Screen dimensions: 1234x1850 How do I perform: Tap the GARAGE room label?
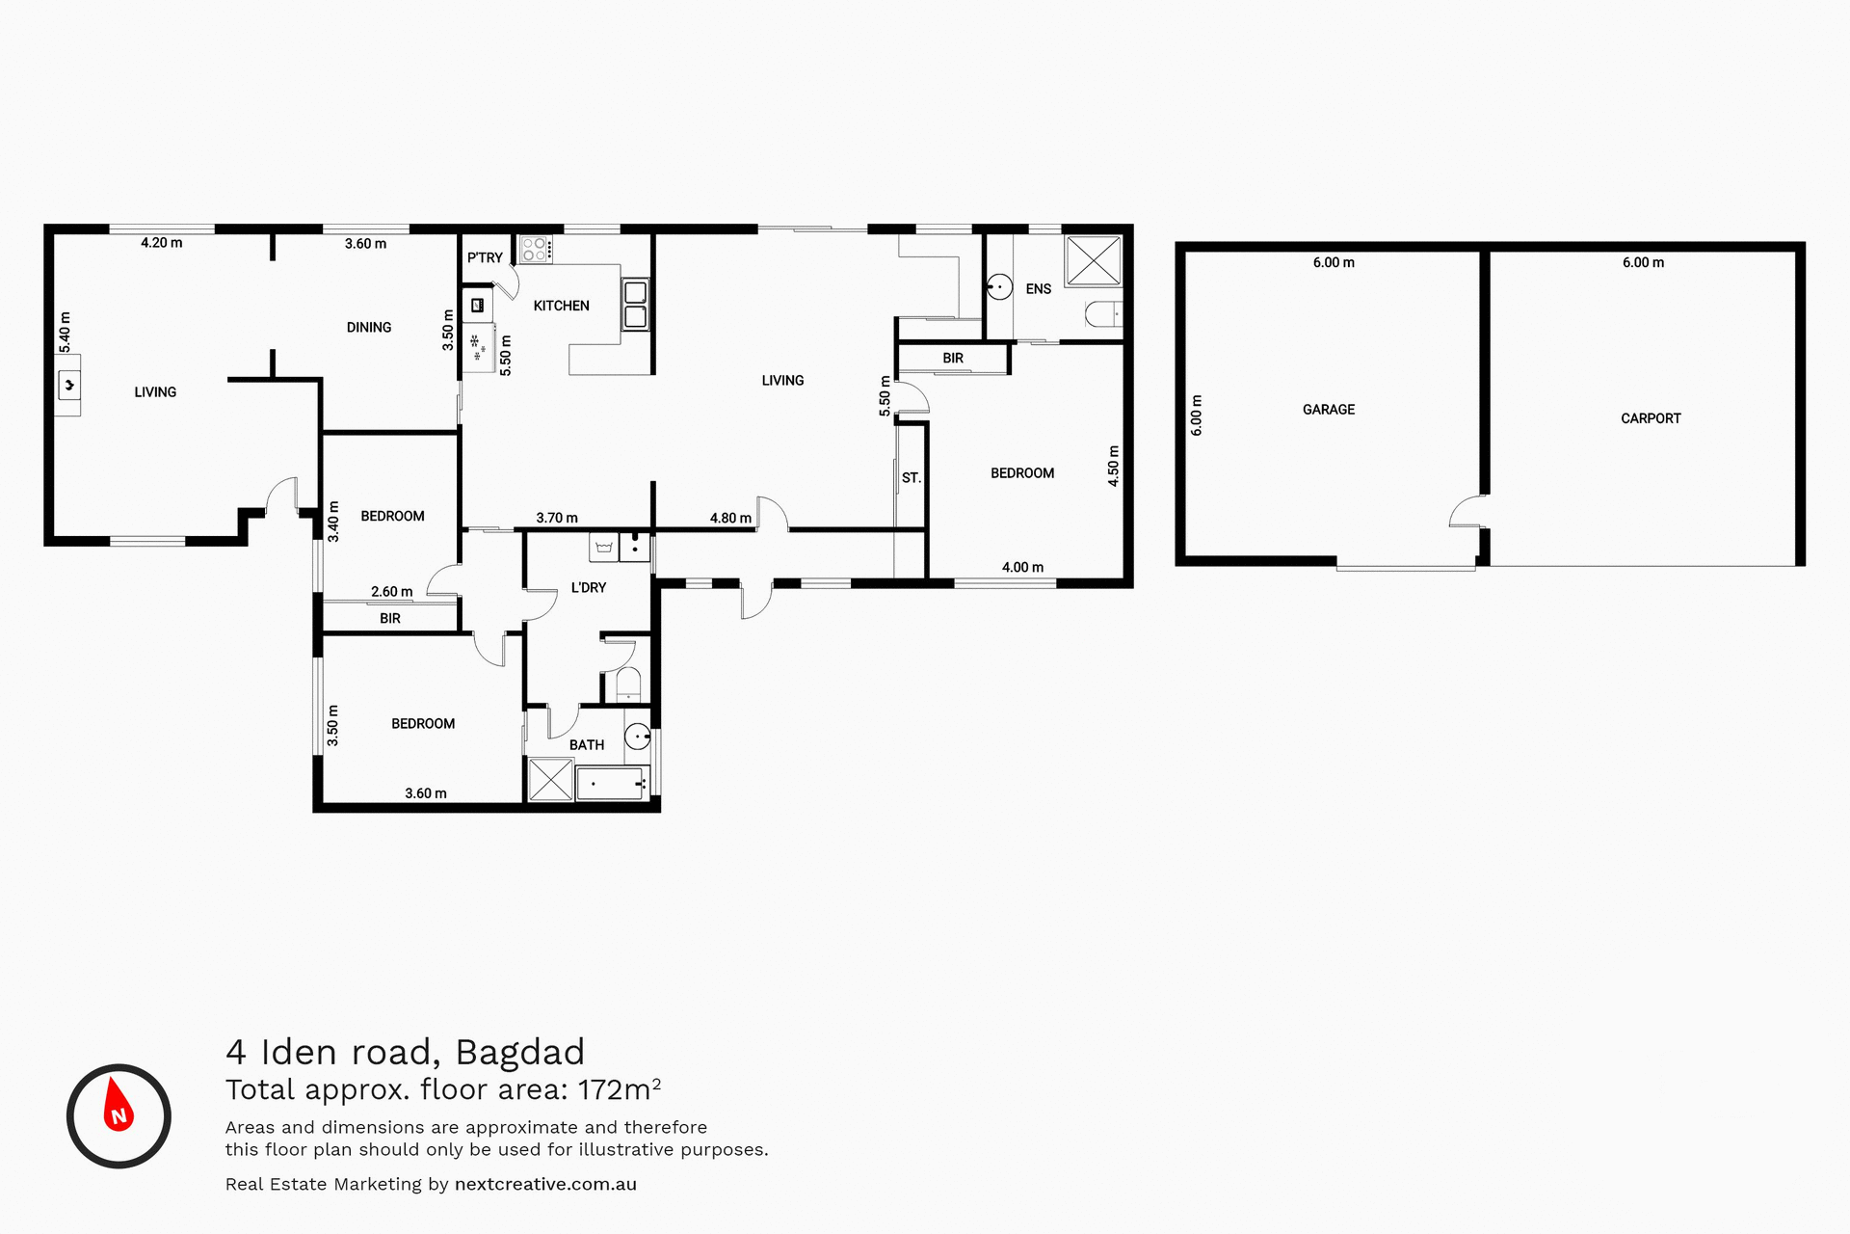point(1328,410)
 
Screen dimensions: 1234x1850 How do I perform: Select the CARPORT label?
point(1650,418)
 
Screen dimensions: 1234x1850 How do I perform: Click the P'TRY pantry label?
point(485,257)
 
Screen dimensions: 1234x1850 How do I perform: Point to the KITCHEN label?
point(561,306)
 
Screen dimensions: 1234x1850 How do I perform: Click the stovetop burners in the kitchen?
point(535,250)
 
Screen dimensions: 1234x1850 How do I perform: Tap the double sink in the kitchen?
point(635,304)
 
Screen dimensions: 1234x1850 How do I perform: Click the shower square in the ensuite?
point(1094,260)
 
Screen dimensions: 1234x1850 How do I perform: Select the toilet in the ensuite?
point(1103,313)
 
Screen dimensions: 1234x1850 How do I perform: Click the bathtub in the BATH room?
point(612,784)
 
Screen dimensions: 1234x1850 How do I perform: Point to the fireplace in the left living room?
point(68,386)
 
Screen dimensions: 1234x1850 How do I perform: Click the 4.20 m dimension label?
point(161,243)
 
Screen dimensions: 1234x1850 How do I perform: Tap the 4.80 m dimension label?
point(730,518)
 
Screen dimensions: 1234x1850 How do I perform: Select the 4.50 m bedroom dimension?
point(1114,466)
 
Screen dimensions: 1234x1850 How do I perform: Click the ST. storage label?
point(911,478)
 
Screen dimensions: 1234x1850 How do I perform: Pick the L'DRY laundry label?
point(588,587)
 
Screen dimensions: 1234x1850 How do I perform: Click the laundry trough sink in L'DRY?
point(603,548)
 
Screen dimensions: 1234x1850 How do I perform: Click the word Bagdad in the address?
point(519,1052)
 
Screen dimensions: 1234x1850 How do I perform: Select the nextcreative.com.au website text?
point(545,1184)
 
